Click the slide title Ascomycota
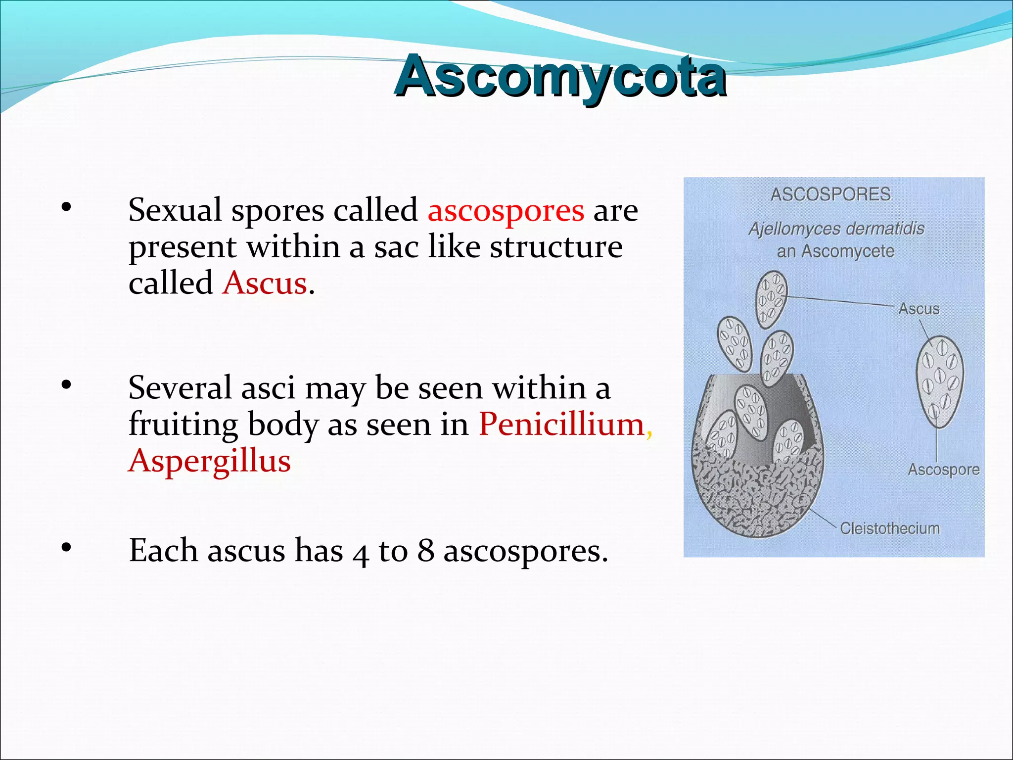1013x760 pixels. pyautogui.click(x=560, y=77)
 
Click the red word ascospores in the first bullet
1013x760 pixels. pyautogui.click(x=506, y=211)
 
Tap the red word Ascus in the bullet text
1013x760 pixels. pyautogui.click(x=265, y=284)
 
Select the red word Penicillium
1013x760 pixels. pyautogui.click(x=561, y=425)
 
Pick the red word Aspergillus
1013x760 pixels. pyautogui.click(x=209, y=461)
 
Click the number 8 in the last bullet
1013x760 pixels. pyautogui.click(x=425, y=550)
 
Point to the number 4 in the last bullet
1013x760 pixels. pyautogui.click(x=361, y=553)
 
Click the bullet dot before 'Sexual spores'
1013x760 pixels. pyautogui.click(x=66, y=208)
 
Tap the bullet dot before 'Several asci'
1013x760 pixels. pyautogui.click(x=66, y=385)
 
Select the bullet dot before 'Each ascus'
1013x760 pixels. pyautogui.click(x=66, y=548)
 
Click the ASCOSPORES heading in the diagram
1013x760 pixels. pyautogui.click(x=830, y=194)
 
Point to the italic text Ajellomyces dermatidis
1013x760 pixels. pyautogui.click(x=836, y=229)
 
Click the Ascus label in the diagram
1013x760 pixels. pyautogui.click(x=919, y=309)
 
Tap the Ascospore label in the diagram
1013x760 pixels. pyautogui.click(x=943, y=470)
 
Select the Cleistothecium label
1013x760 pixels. pyautogui.click(x=890, y=528)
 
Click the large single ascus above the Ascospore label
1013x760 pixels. pyautogui.click(x=939, y=381)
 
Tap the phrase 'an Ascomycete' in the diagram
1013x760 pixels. pyautogui.click(x=835, y=251)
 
